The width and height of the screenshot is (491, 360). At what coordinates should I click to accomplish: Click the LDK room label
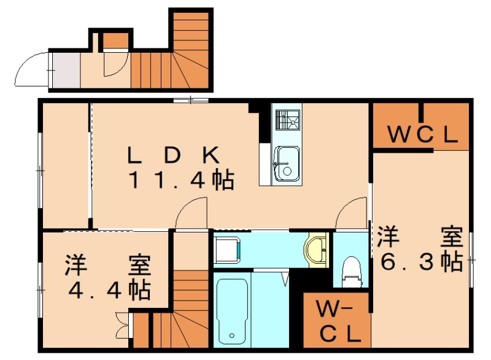pos(174,155)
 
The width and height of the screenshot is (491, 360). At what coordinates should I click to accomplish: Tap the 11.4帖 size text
pos(182,180)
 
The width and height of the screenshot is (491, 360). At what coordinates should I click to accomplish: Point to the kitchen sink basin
pos(287,163)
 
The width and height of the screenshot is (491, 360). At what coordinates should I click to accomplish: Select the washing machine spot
pos(228,250)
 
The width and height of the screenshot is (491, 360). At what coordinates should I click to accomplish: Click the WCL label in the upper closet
pos(423,135)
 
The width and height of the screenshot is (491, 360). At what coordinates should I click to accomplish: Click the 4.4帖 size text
pos(109,291)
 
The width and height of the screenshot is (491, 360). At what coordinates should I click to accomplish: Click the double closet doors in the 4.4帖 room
pos(122,325)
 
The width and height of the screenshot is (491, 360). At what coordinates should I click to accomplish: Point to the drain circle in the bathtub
pos(232,335)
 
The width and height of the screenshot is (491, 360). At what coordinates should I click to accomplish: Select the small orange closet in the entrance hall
pos(115,40)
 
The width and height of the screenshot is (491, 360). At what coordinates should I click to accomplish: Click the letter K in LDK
pos(211,155)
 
